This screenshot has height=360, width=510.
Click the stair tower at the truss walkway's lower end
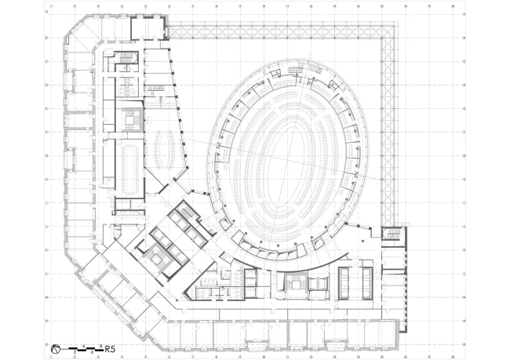390,235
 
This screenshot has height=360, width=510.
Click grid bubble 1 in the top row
51,5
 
